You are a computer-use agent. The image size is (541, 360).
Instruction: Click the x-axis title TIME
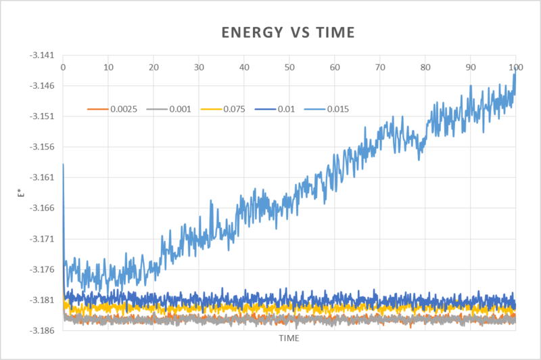(x=289, y=337)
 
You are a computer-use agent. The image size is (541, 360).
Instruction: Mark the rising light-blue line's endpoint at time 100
(x=515, y=72)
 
